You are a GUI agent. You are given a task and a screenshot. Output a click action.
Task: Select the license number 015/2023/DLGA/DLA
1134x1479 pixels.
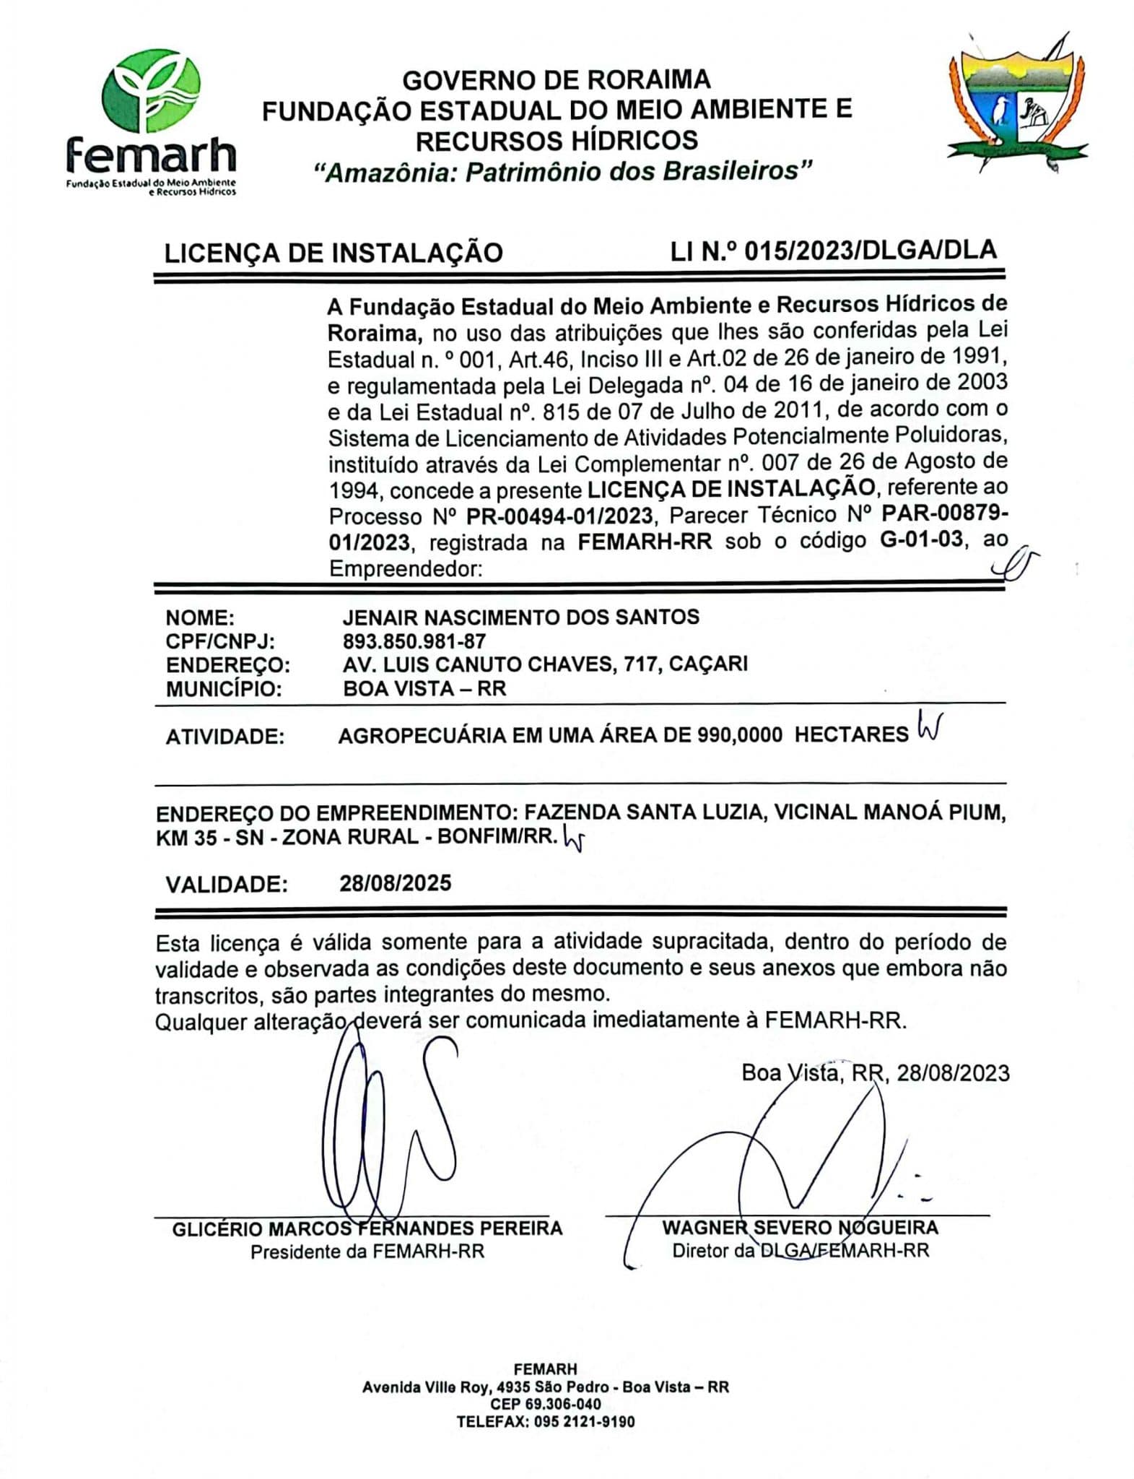(870, 251)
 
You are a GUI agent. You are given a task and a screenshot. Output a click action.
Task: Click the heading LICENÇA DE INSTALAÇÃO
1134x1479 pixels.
(333, 253)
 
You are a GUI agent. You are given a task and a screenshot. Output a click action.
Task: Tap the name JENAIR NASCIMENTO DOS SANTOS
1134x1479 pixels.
(520, 617)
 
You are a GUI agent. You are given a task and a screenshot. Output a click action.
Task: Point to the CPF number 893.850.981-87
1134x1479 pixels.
(414, 641)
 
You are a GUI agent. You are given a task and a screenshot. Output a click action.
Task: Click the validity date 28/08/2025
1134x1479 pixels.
(396, 883)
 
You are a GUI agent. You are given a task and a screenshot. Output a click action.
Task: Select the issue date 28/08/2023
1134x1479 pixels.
(952, 1073)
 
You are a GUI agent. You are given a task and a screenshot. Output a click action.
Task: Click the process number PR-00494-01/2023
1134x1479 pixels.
(559, 516)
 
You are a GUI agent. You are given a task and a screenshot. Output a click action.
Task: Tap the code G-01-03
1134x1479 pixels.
(921, 540)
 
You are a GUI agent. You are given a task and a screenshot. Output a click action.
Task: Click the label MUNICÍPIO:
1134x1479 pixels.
(223, 689)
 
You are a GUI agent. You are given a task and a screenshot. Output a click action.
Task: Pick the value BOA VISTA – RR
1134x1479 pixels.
(424, 688)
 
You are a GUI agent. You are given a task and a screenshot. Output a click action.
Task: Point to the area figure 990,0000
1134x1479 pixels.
(740, 735)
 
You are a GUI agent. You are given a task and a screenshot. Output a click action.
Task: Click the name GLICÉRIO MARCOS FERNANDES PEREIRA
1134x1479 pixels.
(367, 1228)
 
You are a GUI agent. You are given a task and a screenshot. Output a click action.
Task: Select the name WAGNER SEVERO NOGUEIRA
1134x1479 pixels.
(800, 1228)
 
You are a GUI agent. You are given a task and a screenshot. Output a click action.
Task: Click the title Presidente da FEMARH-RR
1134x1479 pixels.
(367, 1252)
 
